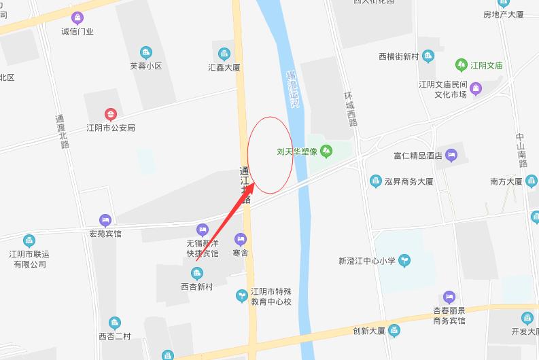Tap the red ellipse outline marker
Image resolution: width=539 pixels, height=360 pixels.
270,155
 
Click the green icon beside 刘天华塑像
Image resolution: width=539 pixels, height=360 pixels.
326,151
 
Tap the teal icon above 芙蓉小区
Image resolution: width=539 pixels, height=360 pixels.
145,52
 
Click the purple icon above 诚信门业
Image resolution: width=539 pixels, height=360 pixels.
77,18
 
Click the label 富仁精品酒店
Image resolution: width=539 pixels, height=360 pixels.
417,156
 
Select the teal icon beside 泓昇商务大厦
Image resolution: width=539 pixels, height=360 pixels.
375,181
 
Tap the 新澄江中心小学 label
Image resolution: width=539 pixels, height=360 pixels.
367,260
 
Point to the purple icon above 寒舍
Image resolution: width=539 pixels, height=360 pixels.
240,239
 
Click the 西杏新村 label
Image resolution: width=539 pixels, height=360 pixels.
196,287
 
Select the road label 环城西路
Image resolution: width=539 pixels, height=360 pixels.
350,109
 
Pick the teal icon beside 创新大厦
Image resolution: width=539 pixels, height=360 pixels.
395,331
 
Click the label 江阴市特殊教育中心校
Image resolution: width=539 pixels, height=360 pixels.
271,295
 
